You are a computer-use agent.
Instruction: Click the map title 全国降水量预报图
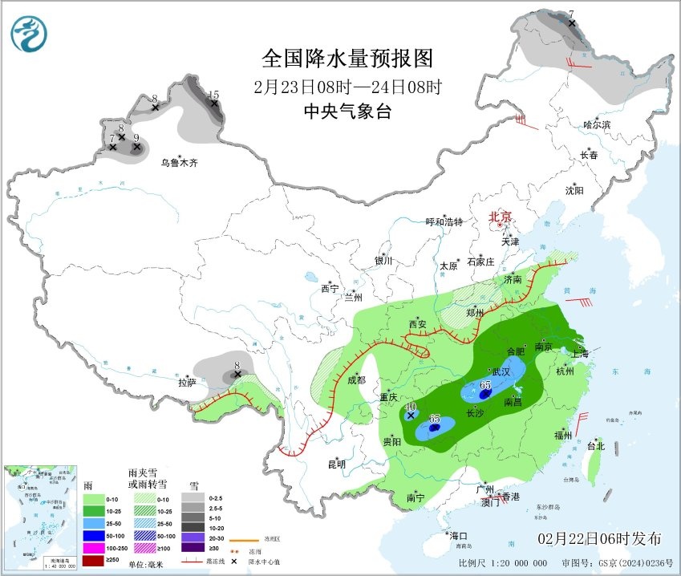347,59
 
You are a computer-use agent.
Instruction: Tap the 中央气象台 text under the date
347,112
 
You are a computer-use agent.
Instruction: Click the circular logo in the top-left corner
29,34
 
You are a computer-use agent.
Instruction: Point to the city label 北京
501,217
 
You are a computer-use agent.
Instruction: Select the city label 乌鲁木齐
178,163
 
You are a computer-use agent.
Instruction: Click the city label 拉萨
187,383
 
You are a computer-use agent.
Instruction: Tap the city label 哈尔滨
597,124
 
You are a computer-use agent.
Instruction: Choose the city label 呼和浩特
444,222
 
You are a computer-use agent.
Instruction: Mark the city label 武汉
501,371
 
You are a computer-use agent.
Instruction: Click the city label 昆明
336,464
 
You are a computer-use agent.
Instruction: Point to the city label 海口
459,535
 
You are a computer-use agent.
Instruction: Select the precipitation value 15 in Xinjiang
213,95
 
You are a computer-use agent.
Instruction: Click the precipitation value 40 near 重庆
410,407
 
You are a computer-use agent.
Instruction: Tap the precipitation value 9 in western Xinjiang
136,138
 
